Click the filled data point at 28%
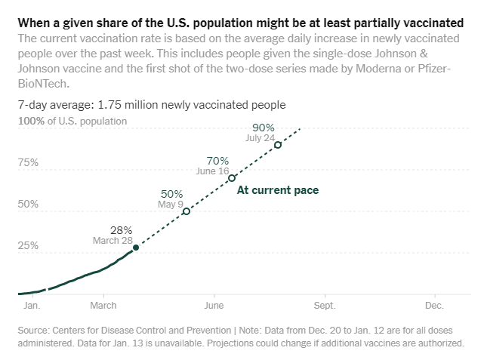point(136,248)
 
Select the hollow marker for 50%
point(187,211)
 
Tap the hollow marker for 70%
point(232,178)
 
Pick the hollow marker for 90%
point(278,145)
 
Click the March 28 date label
point(113,241)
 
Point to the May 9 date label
point(171,205)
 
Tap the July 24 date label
point(260,138)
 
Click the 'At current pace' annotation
point(278,190)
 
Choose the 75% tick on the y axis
point(28,162)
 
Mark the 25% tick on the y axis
point(28,245)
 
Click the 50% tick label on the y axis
point(28,204)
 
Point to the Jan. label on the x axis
point(32,306)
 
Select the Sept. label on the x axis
point(324,306)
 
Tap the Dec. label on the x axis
point(434,306)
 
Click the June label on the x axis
point(214,306)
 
